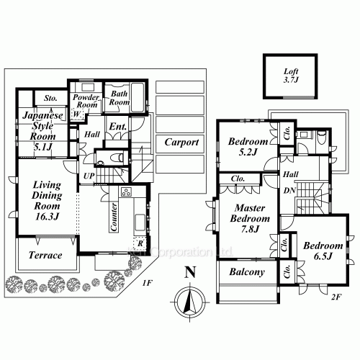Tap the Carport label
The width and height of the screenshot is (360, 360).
[x=181, y=142]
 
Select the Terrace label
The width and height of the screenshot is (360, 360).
[x=45, y=256]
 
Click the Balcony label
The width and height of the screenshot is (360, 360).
[x=247, y=273]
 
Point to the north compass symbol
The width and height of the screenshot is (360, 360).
[x=189, y=301]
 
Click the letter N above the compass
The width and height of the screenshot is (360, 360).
[x=189, y=272]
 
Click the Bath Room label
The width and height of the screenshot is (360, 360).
[x=120, y=98]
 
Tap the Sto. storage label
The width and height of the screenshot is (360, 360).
[x=51, y=98]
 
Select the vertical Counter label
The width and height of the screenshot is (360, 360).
[x=114, y=216]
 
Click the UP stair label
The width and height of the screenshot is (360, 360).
[x=88, y=176]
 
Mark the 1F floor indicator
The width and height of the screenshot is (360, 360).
[x=147, y=284]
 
